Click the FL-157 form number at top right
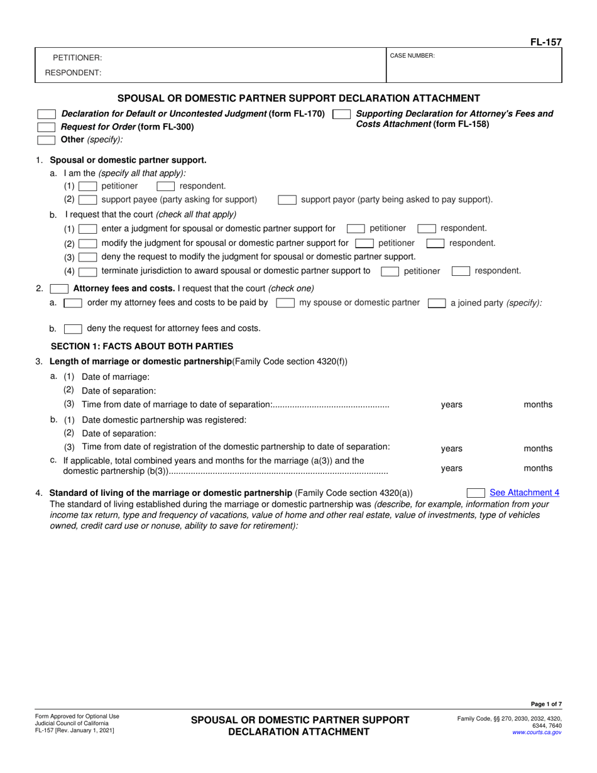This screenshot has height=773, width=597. pyautogui.click(x=545, y=42)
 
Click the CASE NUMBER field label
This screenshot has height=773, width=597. pyautogui.click(x=412, y=56)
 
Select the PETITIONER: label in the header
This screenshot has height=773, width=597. pyautogui.click(x=77, y=58)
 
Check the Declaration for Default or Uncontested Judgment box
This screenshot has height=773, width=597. pyautogui.click(x=47, y=114)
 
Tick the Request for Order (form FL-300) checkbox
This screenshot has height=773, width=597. pyautogui.click(x=47, y=126)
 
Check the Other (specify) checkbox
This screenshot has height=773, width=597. pyautogui.click(x=47, y=139)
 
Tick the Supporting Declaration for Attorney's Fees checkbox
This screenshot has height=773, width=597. pyautogui.click(x=341, y=114)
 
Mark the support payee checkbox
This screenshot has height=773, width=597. pyautogui.click(x=88, y=200)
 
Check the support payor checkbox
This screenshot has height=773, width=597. pyautogui.click(x=287, y=200)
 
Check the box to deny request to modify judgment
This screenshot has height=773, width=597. pyautogui.click(x=88, y=257)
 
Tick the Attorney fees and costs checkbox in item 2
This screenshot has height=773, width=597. pyautogui.click(x=59, y=289)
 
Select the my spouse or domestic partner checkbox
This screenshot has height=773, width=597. pyautogui.click(x=285, y=303)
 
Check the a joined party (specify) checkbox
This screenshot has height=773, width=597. pyautogui.click(x=437, y=303)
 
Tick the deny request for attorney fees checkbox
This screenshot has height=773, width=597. pyautogui.click(x=73, y=328)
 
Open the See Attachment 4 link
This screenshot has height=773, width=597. pyautogui.click(x=524, y=493)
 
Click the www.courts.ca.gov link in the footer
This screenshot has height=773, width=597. pyautogui.click(x=537, y=732)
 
